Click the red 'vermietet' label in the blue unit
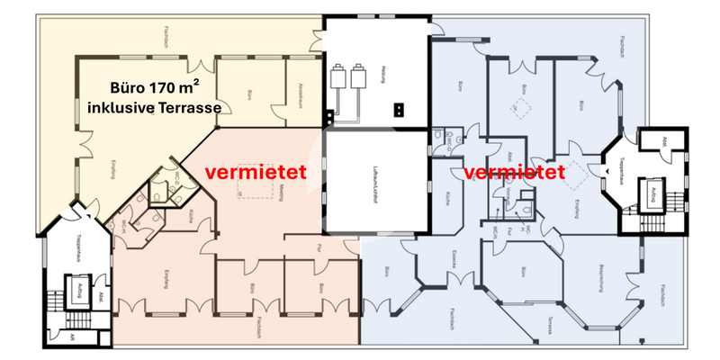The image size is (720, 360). (515, 171)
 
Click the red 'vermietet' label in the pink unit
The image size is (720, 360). (256, 170)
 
